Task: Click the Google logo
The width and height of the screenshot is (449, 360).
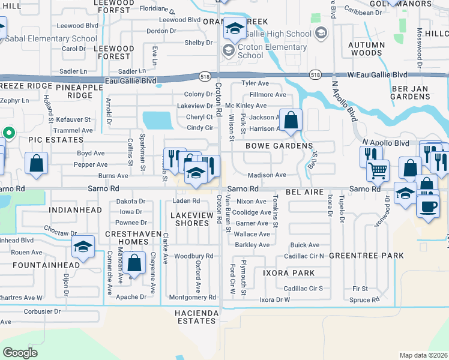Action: pyautogui.click(x=20, y=352)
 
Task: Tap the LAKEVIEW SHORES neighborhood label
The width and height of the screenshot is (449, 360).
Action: pyautogui.click(x=191, y=219)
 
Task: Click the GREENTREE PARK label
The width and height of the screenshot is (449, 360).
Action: pyautogui.click(x=366, y=255)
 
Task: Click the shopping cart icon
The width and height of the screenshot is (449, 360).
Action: pyautogui.click(x=378, y=170)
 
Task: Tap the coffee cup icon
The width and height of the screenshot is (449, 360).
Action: pyautogui.click(x=428, y=207)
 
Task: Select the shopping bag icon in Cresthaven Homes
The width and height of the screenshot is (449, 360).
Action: pyautogui.click(x=134, y=262)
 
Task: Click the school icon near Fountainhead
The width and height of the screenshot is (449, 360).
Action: pyautogui.click(x=83, y=246)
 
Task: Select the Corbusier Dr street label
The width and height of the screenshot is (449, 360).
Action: pyautogui.click(x=42, y=311)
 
